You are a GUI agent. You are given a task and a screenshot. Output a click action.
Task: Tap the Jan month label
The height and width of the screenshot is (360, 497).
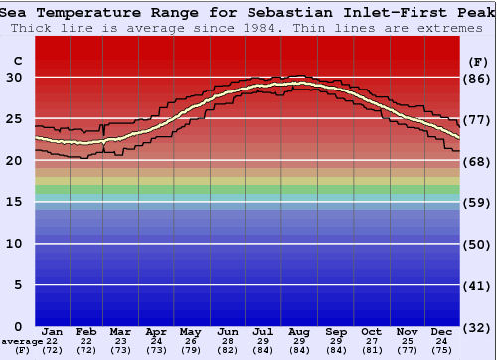[x=53, y=331]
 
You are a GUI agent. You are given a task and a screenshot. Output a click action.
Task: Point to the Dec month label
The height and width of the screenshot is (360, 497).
[x=442, y=331]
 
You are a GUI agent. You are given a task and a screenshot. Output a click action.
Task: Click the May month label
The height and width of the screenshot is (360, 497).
[x=191, y=331]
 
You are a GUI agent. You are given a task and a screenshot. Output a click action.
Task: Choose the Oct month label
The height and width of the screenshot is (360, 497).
[x=371, y=331]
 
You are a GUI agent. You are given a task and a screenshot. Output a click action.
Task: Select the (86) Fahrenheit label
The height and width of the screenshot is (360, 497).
[x=478, y=78]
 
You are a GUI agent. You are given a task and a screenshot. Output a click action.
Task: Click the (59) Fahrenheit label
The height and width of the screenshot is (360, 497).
[x=478, y=202]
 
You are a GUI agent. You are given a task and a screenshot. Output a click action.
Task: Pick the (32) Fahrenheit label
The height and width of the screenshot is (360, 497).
[x=478, y=327]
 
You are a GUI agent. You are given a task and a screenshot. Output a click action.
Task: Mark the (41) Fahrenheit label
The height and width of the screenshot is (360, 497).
[x=478, y=285]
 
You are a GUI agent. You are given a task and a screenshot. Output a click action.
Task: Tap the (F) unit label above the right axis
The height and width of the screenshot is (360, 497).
[x=478, y=62]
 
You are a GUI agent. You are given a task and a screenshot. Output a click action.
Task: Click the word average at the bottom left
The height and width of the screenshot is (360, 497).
[x=21, y=342]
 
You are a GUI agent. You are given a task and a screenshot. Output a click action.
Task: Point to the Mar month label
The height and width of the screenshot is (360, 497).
[x=120, y=331]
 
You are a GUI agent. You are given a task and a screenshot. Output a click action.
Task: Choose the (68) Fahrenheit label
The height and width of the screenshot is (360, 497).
[x=478, y=161]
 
